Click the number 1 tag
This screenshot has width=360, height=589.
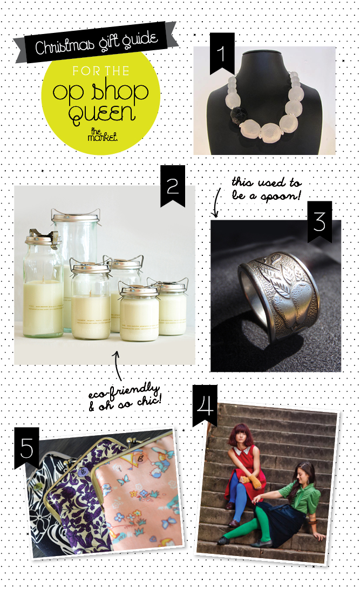[222, 52]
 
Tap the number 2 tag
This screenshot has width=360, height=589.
[173, 185]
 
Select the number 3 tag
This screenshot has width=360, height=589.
[320, 221]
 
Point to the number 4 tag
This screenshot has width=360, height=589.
[205, 405]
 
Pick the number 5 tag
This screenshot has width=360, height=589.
[26, 448]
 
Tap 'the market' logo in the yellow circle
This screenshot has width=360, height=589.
[103, 134]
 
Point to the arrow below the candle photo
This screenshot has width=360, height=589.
[118, 365]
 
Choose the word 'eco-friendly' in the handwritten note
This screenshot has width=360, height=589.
[124, 391]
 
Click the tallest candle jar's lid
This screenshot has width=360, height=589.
[76, 216]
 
